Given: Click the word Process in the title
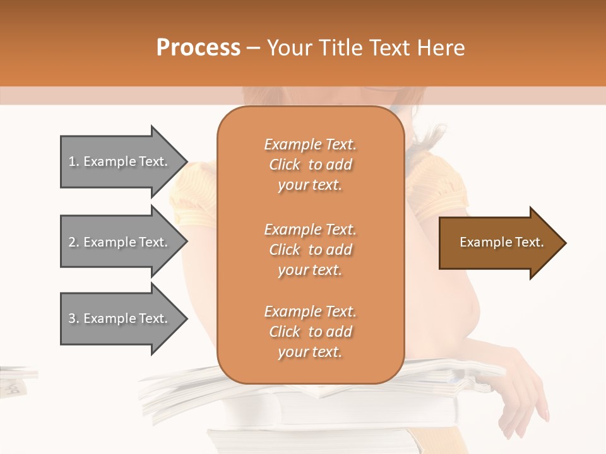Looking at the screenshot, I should click(198, 48).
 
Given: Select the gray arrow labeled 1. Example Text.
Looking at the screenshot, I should click(120, 161).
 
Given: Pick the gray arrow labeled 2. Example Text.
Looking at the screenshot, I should click(120, 242).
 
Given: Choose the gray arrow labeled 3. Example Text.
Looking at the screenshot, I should click(120, 318).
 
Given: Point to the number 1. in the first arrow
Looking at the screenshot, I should click(74, 162).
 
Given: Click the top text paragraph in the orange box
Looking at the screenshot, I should click(310, 165).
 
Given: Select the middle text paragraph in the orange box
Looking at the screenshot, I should click(310, 250).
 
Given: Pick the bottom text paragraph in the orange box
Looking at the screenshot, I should click(310, 332).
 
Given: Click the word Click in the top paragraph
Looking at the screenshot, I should click(285, 165).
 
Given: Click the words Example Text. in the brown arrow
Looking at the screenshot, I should click(502, 242).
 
